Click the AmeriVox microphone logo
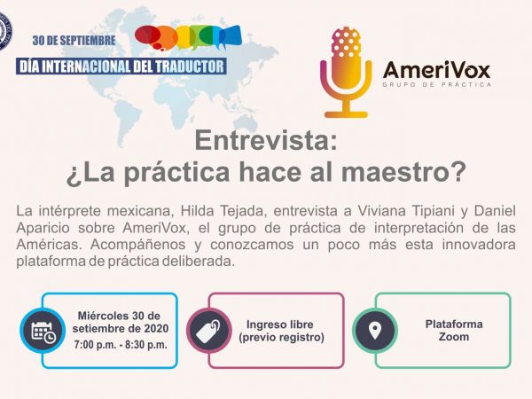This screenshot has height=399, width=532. tap(346, 73)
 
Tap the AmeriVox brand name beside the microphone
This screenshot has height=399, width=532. tap(436, 69)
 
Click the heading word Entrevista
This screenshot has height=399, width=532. tap(266, 140)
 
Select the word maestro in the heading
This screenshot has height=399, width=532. tap(403, 172)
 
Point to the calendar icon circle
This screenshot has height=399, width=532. tap(43, 331)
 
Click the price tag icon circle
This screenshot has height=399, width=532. tap(209, 331)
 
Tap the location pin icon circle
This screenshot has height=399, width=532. tap(375, 331)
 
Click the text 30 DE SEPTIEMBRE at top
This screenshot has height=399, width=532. tap(74, 41)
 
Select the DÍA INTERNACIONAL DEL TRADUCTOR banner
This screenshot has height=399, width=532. tap(121, 66)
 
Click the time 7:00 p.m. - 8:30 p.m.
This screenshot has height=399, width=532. tap(121, 345)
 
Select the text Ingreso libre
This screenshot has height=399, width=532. tap(280, 325)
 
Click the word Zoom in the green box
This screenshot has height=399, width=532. tap(454, 337)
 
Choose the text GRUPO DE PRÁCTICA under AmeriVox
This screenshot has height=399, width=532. tap(436, 84)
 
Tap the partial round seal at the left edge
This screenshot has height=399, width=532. tap(5, 31)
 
